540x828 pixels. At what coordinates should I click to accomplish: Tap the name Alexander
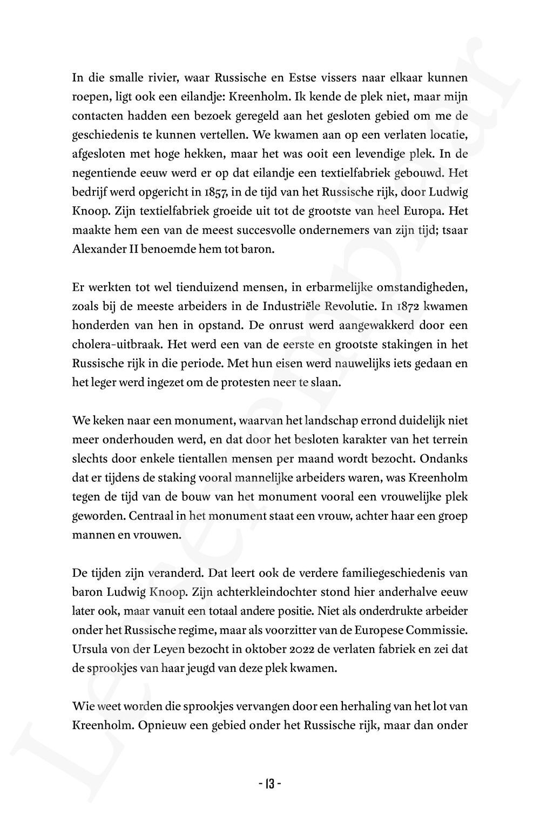[98, 250]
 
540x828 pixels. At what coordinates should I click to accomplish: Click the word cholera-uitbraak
[112, 345]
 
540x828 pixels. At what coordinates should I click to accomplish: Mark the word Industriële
[293, 306]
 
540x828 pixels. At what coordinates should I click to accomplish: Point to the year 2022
[299, 648]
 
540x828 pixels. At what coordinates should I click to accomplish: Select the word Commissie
[437, 629]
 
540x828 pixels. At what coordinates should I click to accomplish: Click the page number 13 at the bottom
[269, 783]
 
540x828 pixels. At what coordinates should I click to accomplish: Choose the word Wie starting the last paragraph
[81, 705]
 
